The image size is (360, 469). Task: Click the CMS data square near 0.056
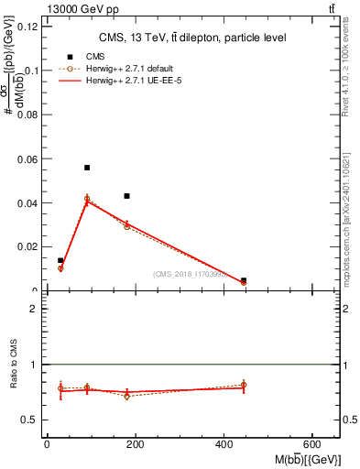[x=87, y=168]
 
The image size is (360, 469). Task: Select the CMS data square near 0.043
[x=127, y=196]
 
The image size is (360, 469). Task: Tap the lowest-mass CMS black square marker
[x=60, y=261]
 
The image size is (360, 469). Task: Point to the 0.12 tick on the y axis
[x=28, y=27]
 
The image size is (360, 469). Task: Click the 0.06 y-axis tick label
[x=28, y=159]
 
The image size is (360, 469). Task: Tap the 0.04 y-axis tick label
[x=28, y=203]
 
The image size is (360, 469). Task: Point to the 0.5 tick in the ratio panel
[x=32, y=420]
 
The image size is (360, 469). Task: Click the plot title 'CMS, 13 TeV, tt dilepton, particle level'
[x=192, y=38]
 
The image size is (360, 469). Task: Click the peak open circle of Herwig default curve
[x=87, y=198]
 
